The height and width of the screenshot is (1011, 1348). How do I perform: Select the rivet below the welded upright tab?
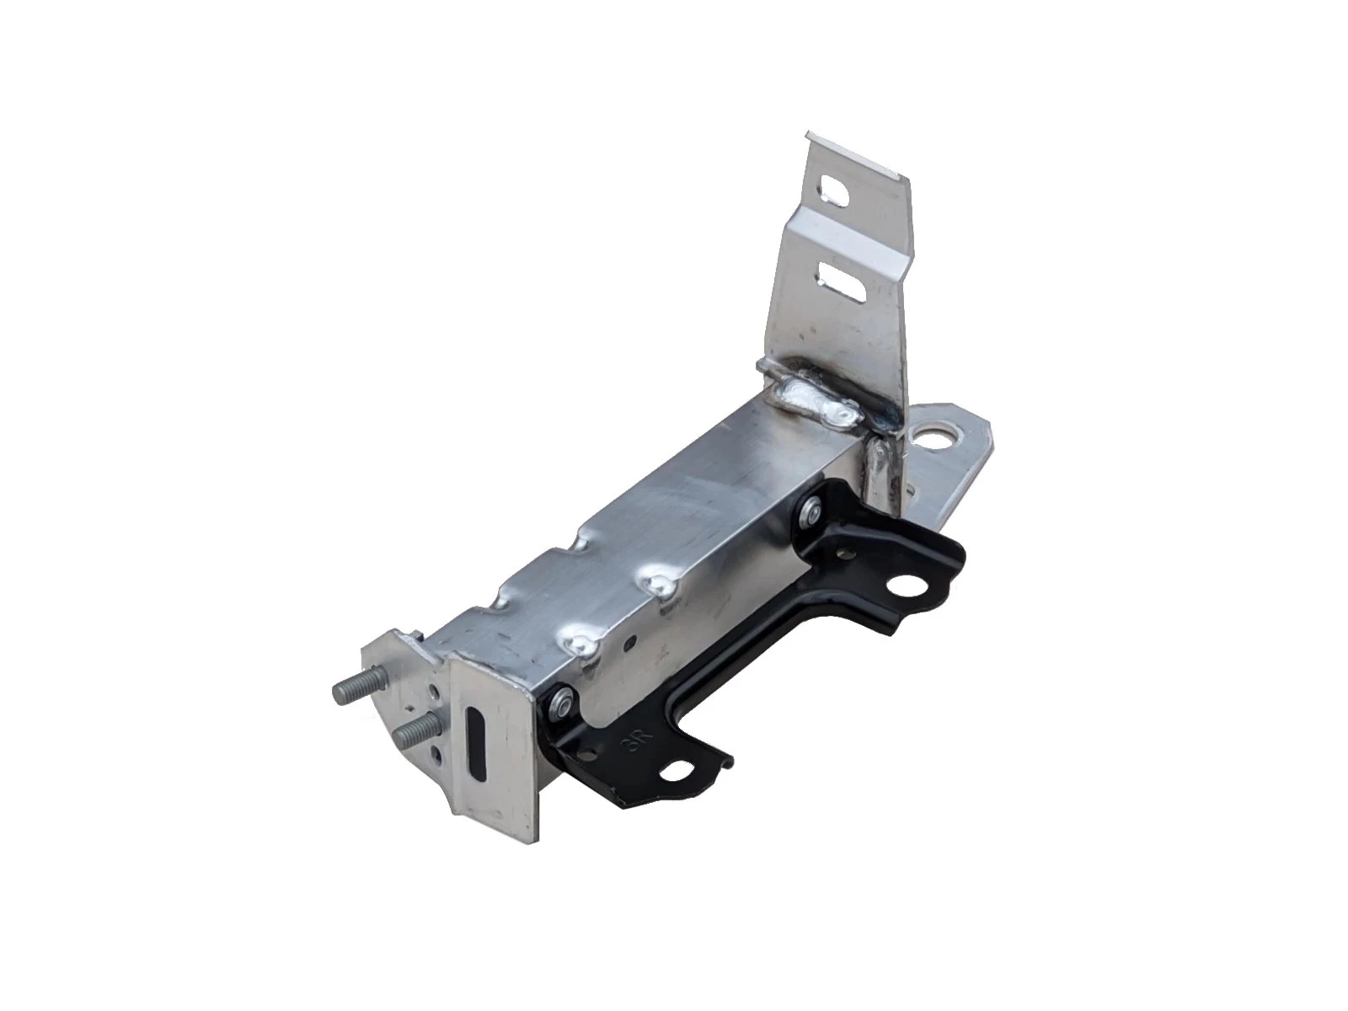(812, 507)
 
